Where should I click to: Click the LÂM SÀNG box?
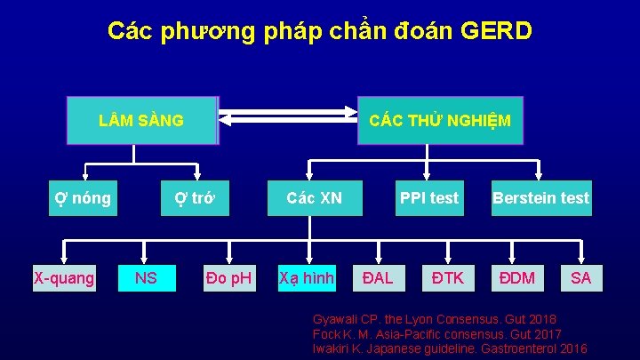pos(142,120)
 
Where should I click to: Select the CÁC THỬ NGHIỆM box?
pos(439,120)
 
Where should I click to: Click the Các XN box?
pos(315,198)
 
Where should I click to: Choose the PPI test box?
pos(429,198)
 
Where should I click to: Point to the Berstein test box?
pos(540,198)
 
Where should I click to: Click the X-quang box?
pos(64,278)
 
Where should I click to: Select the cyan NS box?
pos(146,278)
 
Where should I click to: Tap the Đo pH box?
pos(228,278)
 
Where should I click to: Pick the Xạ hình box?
pos(307,278)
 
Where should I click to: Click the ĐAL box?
pos(378,278)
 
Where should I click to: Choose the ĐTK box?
pos(447,278)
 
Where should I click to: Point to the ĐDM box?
pos(516,278)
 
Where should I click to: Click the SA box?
pos(580,278)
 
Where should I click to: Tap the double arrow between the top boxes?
pos(287,120)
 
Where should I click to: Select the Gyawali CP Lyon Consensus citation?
pos(435,318)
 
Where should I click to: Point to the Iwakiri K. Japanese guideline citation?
pos(450,348)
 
